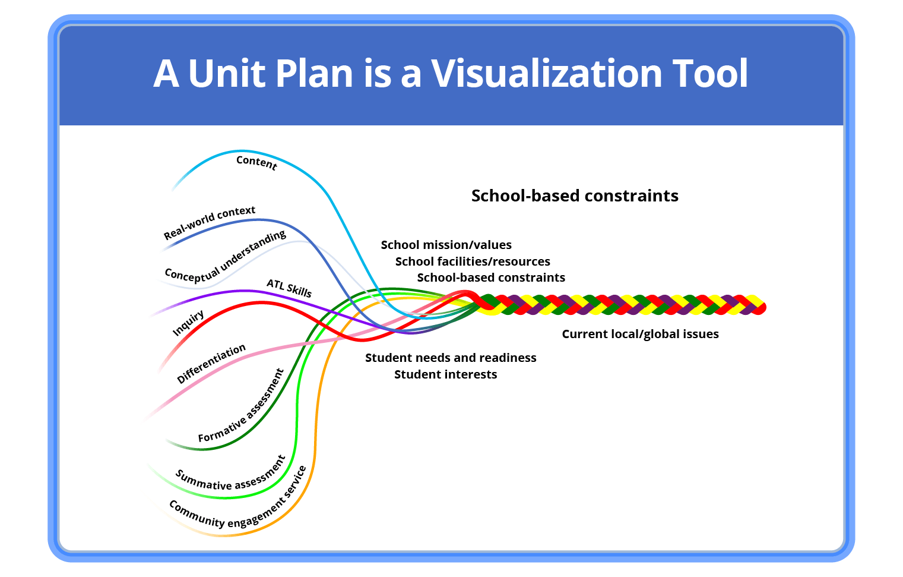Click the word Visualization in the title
(x=546, y=74)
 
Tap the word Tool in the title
(x=710, y=74)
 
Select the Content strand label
(x=256, y=162)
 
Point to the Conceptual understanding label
(x=225, y=257)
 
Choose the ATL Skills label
(x=289, y=288)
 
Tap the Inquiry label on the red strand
(x=188, y=323)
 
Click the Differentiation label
(x=211, y=363)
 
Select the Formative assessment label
(x=241, y=406)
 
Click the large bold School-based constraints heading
(x=575, y=196)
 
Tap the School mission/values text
(x=446, y=245)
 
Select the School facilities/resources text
(x=473, y=261)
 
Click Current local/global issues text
(x=640, y=334)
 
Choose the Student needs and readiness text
(x=451, y=358)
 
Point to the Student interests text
(x=445, y=374)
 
